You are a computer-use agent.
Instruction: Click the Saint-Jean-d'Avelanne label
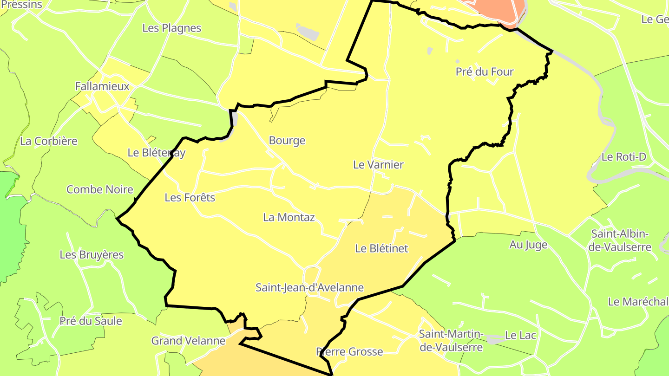pos(309,288)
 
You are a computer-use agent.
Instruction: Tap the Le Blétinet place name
pos(381,248)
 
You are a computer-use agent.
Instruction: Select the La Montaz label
pos(289,217)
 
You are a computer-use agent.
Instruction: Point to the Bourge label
pos(287,141)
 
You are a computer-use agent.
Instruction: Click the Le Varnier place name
pos(378,165)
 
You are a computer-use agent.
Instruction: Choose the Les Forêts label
pos(190,198)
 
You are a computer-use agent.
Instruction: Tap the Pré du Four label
pos(485,72)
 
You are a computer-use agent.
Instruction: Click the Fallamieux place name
pos(102,87)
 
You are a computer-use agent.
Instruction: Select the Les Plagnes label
pos(172,28)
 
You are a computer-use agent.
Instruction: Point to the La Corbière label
pos(49,141)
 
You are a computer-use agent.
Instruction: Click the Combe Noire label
pos(100,189)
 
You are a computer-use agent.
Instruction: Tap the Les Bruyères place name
pos(92,255)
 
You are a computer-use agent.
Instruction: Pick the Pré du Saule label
pos(91,321)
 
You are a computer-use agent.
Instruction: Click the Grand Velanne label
pos(188,341)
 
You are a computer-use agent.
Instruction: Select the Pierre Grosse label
pos(349,352)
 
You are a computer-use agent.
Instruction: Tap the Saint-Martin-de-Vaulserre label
pos(451,341)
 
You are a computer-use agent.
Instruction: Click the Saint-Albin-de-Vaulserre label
pos(620,240)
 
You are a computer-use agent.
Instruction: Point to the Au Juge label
pos(528,245)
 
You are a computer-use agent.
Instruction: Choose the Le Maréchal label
pos(637,302)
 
